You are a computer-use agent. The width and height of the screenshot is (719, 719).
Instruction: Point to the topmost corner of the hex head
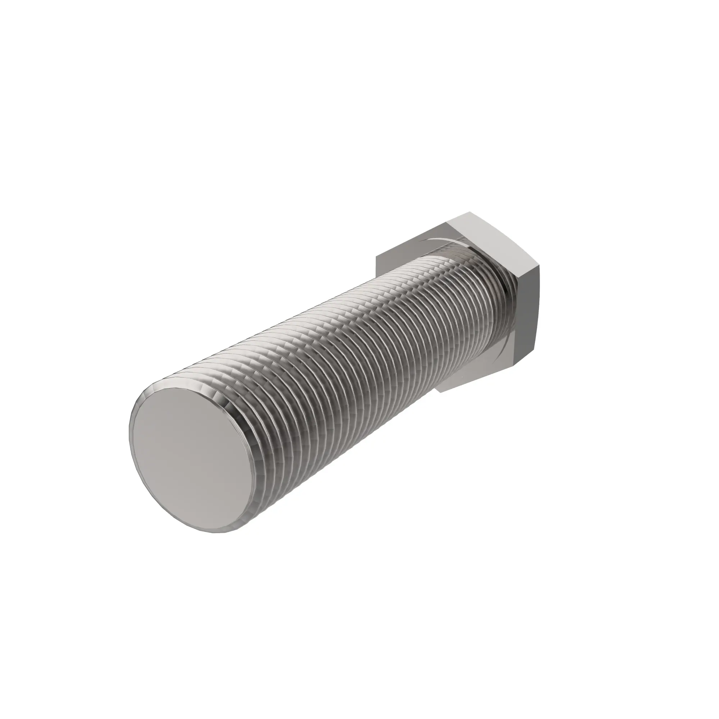pos(470,212)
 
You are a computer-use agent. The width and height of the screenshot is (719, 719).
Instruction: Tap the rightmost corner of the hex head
pos(539,265)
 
